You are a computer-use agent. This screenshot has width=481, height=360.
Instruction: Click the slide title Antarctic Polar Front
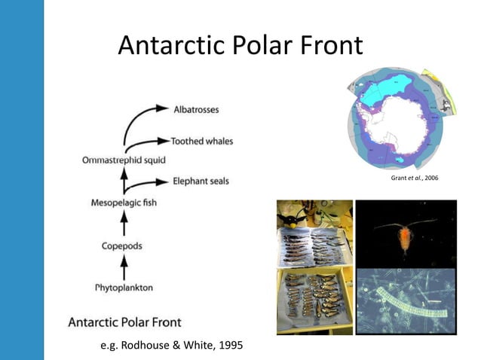tap(240, 47)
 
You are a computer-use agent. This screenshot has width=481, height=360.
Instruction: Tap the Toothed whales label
tap(201, 141)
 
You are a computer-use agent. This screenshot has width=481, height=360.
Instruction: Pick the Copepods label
tap(123, 246)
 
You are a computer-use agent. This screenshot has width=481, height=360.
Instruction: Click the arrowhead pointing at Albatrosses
tap(164, 109)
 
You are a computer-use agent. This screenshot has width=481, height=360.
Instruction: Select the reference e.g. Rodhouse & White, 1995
tap(172, 346)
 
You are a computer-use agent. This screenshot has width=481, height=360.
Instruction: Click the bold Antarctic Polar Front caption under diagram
tap(125, 322)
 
